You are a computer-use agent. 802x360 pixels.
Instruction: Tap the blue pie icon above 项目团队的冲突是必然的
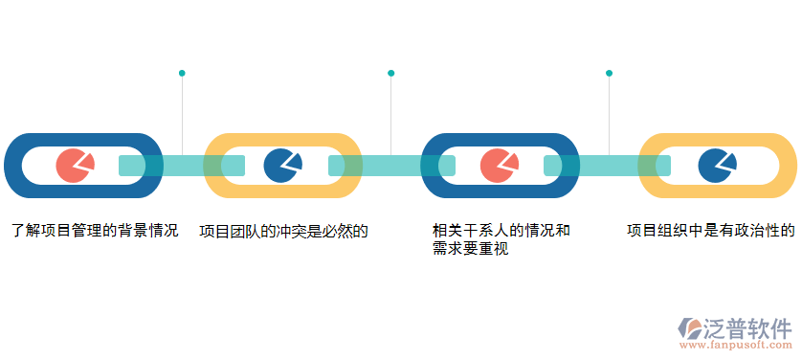point(281,166)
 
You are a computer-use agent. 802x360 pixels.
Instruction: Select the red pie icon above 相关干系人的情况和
point(497,166)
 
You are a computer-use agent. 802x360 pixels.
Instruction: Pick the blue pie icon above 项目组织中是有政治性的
point(715,166)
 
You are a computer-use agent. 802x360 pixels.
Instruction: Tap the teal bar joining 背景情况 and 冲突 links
point(182,166)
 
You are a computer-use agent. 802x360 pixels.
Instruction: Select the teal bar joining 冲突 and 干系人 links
point(391,166)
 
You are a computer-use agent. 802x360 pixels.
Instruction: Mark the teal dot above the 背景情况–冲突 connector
point(182,73)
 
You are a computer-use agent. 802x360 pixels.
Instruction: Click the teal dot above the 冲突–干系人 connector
point(391,73)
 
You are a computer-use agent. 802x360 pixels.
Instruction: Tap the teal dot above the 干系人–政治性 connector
point(609,73)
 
